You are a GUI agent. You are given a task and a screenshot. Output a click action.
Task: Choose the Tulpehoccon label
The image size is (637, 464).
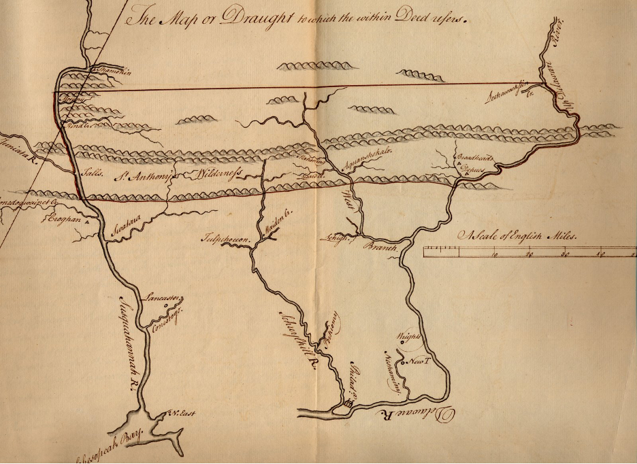click(223, 239)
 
